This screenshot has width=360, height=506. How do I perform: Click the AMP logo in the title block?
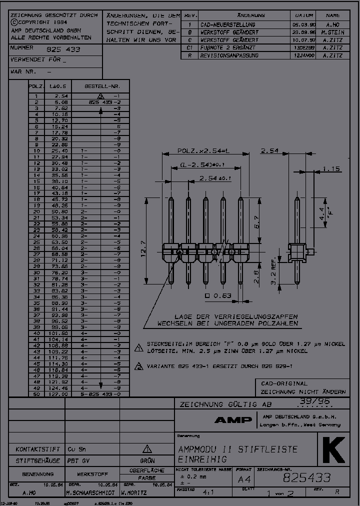pyautogui.click(x=233, y=420)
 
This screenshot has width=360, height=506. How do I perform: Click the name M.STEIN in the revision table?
pyautogui.click(x=332, y=32)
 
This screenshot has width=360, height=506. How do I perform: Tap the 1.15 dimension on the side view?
pyautogui.click(x=330, y=168)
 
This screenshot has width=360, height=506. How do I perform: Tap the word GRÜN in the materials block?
pyautogui.click(x=147, y=460)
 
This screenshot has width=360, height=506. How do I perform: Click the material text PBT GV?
pyautogui.click(x=79, y=460)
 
